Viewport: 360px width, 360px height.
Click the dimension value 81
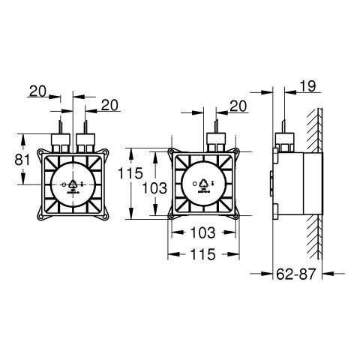coord(22,160)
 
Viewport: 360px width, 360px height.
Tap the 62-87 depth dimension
coord(296,274)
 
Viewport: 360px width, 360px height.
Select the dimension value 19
coord(307,86)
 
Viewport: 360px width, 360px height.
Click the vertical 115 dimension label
coord(130,173)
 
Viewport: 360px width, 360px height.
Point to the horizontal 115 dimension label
coord(202,254)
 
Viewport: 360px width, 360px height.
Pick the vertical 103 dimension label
coord(154,188)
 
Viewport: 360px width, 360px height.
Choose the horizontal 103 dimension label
coord(202,232)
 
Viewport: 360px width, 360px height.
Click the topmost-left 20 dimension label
coord(38,91)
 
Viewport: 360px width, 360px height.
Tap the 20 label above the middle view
coord(238,106)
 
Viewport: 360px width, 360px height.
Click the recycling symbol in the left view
coord(73,184)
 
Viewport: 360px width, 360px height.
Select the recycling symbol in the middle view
coord(204,184)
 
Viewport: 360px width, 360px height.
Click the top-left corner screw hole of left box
coord(40,152)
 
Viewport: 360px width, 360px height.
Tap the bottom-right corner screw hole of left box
coord(105,217)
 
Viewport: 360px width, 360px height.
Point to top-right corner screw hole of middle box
coord(235,151)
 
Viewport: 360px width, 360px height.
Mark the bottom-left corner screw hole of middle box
coord(171,216)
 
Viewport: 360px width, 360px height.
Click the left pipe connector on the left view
coord(60,140)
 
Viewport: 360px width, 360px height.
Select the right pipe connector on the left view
coord(85,140)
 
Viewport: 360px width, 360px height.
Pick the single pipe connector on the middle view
coord(216,140)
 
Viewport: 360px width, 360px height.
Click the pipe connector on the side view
coord(284,140)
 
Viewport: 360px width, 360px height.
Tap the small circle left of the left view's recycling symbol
coord(64,185)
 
